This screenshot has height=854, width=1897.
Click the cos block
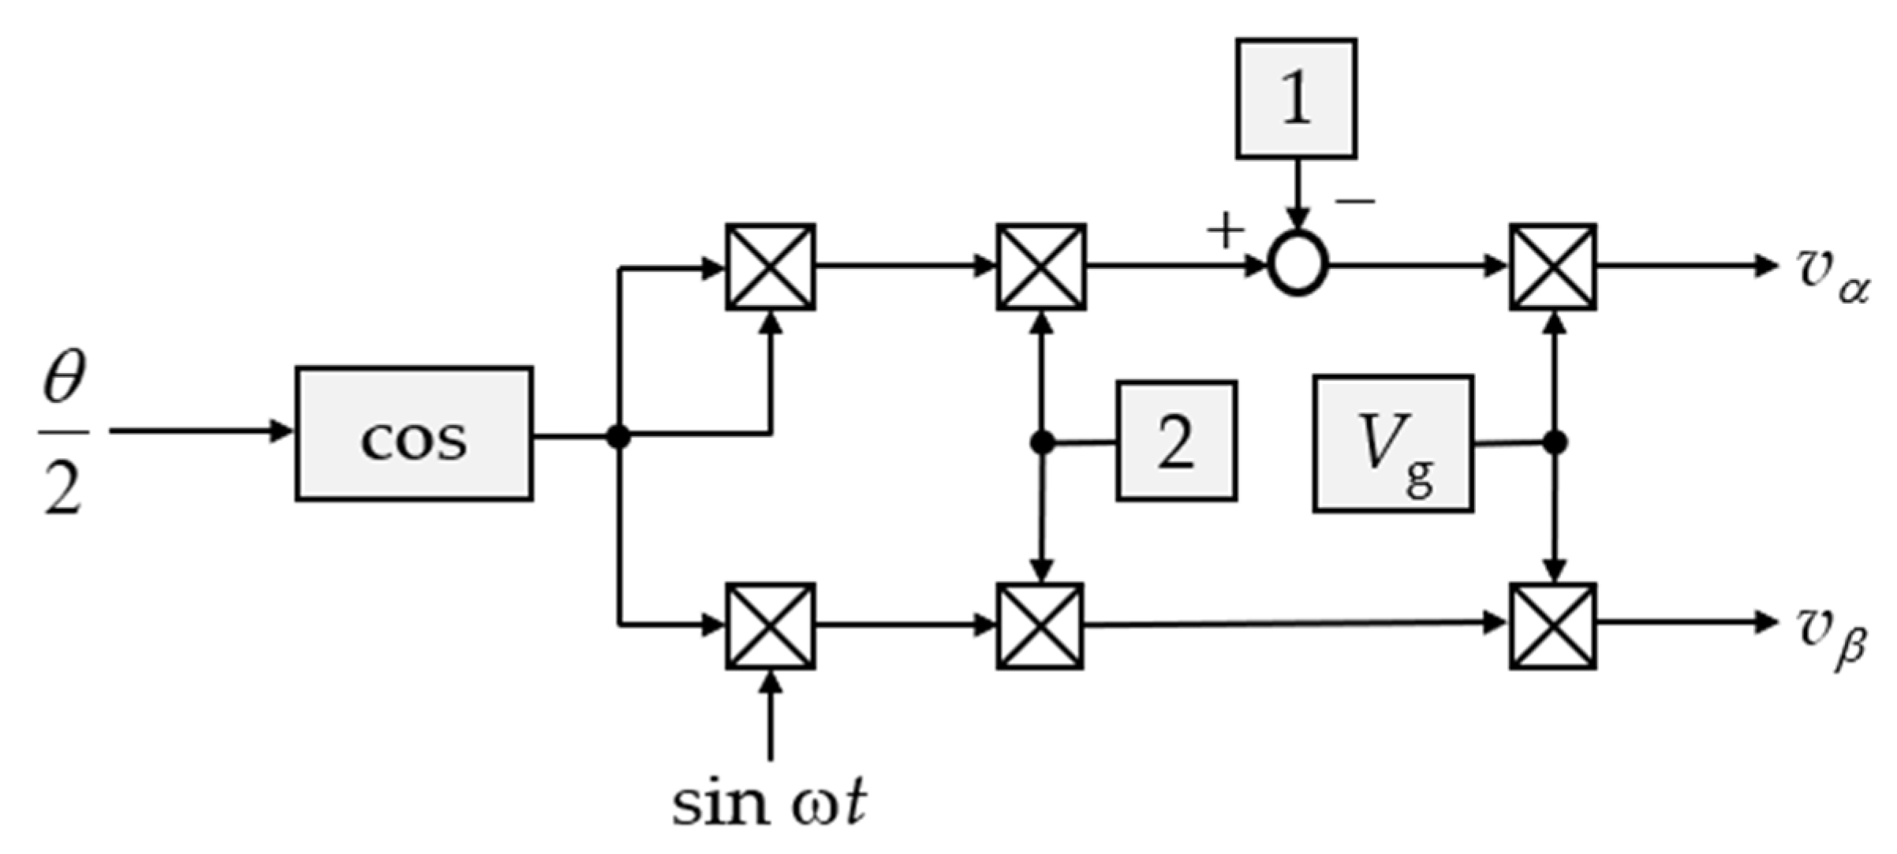(x=414, y=434)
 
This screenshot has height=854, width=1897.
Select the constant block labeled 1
(x=1296, y=99)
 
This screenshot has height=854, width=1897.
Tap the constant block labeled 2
(x=1176, y=441)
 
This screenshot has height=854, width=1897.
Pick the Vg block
(x=1393, y=444)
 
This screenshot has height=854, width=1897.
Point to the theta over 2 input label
(x=63, y=434)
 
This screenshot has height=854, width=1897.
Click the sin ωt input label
(x=769, y=804)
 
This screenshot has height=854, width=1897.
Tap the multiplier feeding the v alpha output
(x=1553, y=267)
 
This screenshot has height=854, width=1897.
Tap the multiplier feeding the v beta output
(x=1553, y=626)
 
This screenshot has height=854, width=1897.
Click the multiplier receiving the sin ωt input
(x=771, y=626)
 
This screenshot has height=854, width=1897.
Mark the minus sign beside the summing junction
(x=1355, y=202)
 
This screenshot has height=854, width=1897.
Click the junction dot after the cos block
(x=619, y=435)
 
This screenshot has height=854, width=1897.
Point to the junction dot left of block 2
(x=1042, y=443)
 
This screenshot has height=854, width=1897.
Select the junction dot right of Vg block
(x=1554, y=443)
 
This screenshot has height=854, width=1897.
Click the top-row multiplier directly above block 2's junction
(x=1041, y=267)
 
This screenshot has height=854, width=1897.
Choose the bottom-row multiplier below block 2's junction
(x=1040, y=626)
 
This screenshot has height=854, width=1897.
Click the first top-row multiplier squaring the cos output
(x=771, y=267)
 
